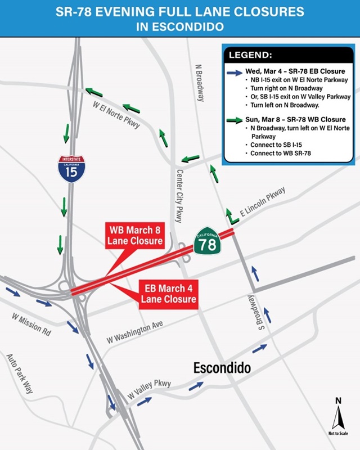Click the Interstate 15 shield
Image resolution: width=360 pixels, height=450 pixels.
tap(70, 169)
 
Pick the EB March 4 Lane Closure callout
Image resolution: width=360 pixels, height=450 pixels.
tap(169, 293)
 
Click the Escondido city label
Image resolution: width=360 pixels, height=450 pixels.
tap(222, 369)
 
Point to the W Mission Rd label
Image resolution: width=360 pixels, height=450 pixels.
tap(31, 324)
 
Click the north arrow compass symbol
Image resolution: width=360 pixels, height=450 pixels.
tap(338, 416)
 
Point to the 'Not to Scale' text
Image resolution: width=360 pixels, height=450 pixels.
tap(338, 434)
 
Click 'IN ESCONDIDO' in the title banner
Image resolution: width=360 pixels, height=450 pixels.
tap(180, 26)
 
